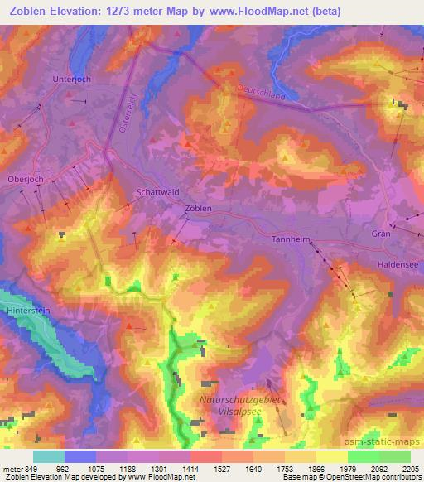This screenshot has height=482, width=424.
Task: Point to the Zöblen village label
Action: pos(199,209)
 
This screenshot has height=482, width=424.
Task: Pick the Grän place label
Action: pos(381,234)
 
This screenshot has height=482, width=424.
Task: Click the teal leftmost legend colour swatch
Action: pos(48,455)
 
